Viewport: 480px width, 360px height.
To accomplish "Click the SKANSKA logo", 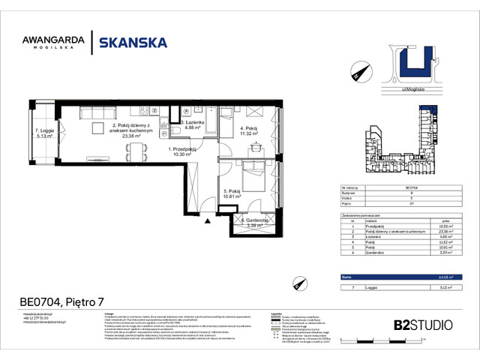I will click(130, 43).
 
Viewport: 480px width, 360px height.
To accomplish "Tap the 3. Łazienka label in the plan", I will click(192, 124).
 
